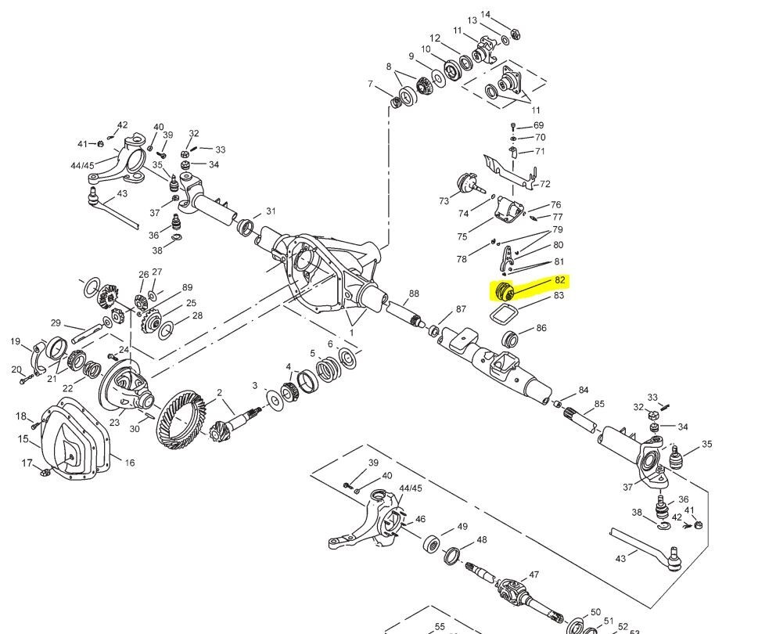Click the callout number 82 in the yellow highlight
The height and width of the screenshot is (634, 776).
coord(559,280)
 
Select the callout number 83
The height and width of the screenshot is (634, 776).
coord(559,296)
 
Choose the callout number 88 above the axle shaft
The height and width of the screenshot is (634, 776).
coord(413,294)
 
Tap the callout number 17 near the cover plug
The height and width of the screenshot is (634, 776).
coord(27,463)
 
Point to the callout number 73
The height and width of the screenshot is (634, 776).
coord(444,201)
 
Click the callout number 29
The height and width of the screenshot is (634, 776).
coord(56,322)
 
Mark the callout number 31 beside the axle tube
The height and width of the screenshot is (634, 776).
coord(271,211)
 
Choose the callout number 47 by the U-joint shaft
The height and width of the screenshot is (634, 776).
coord(534,575)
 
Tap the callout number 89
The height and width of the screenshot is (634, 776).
coord(188,287)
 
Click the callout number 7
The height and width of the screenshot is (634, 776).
coord(370,84)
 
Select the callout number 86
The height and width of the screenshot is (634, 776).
coord(541,328)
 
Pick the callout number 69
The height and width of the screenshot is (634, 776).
coord(538,125)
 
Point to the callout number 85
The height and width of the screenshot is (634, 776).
coord(599,404)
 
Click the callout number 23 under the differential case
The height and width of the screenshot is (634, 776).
coord(114,423)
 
